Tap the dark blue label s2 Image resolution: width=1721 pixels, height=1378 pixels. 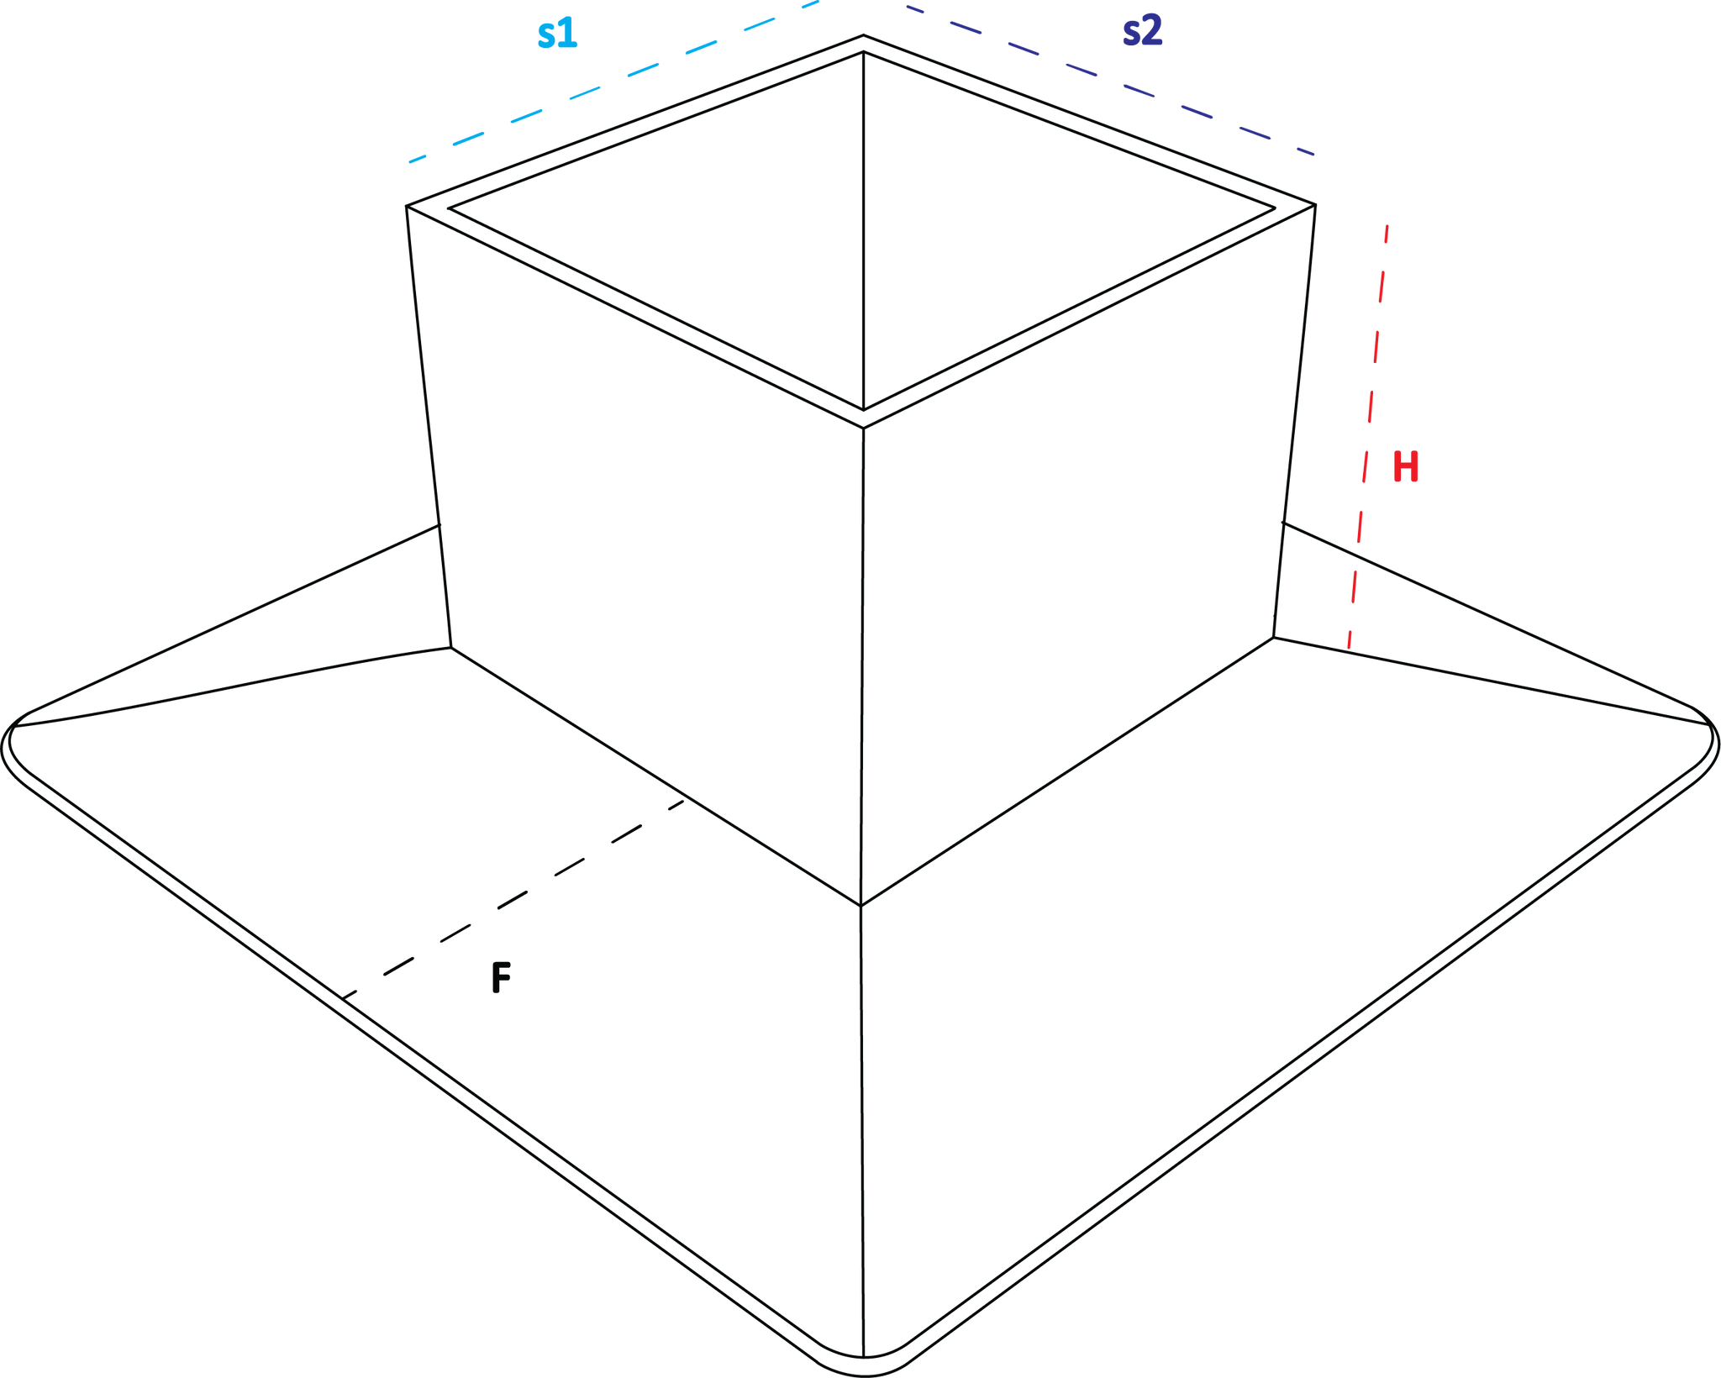point(1142,30)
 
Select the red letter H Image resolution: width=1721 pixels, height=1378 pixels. point(1406,466)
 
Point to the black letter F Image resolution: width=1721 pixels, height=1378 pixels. point(501,977)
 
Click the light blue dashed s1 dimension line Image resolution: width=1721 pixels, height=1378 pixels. point(613,82)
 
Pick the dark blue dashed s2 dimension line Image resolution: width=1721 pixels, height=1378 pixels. point(1110,81)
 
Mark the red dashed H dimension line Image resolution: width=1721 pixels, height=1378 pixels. point(1368,437)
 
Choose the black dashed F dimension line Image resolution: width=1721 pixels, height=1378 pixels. point(513,899)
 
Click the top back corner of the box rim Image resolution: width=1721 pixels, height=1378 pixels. point(863,35)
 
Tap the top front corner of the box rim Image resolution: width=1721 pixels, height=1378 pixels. point(863,429)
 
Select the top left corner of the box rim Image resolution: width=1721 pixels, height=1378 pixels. point(407,206)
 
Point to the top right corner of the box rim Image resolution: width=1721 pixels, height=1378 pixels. point(1315,204)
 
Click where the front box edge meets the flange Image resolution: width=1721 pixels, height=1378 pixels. point(860,906)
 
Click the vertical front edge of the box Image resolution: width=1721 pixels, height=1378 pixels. point(862,667)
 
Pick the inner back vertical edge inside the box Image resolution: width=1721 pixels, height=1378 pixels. point(863,231)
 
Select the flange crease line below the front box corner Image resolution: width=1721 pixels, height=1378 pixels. point(862,1131)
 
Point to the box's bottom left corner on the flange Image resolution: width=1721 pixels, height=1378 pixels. point(451,647)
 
